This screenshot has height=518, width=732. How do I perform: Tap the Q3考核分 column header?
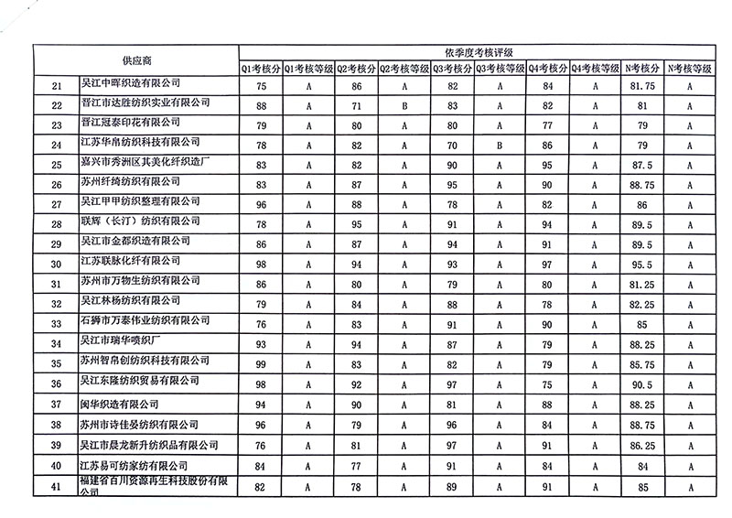[452, 68]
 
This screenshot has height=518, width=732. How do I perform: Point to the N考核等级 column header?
[691, 68]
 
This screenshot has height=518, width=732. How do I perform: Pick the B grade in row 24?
[500, 145]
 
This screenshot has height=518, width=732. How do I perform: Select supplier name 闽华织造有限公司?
[120, 404]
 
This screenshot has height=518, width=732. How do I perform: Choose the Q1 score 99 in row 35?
[261, 364]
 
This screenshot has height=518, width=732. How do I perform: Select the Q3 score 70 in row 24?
[452, 145]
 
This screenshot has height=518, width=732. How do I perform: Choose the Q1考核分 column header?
[261, 68]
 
